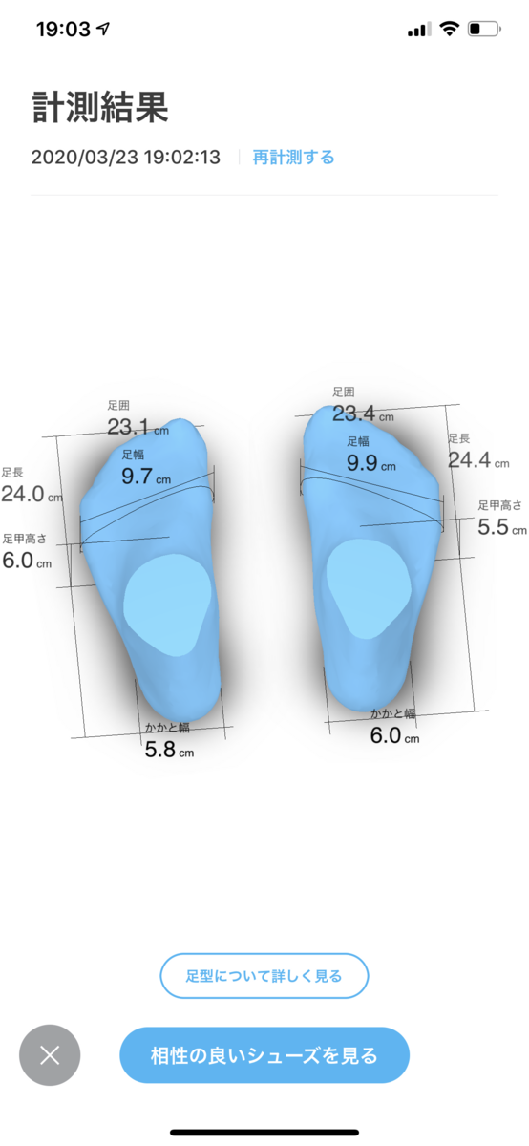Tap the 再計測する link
[x=294, y=157]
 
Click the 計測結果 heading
[x=100, y=107]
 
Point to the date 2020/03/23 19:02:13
[x=126, y=157]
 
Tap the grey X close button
[x=50, y=1055]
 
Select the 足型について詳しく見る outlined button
[x=264, y=976]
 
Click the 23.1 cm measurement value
[x=138, y=427]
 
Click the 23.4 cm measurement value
[x=363, y=414]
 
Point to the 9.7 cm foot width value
[x=146, y=477]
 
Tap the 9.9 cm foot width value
[x=371, y=463]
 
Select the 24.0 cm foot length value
[x=32, y=494]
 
